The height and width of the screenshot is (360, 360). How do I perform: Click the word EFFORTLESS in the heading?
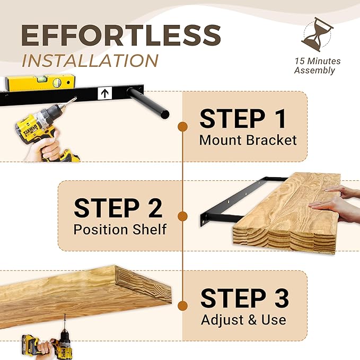[x=120, y=35]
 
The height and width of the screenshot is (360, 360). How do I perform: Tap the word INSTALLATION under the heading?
[x=90, y=60]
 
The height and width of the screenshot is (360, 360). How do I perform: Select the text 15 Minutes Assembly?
[x=317, y=66]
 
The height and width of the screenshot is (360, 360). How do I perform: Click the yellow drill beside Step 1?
[x=45, y=133]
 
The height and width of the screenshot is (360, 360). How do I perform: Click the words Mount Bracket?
[x=248, y=141]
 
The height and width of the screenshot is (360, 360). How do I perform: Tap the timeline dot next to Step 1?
[x=182, y=127]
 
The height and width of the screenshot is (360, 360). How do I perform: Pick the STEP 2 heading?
[x=118, y=208]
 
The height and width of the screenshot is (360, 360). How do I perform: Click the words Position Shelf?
[x=120, y=230]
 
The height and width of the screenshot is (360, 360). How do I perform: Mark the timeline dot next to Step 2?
[x=182, y=216]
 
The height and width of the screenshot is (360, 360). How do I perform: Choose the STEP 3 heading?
[x=244, y=298]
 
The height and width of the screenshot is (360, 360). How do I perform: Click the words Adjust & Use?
[x=243, y=320]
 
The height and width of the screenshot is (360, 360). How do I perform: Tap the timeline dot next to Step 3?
[x=182, y=306]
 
